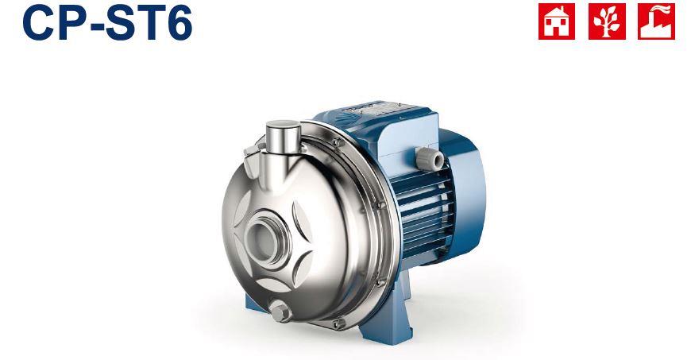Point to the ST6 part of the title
148,24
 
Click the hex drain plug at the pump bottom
280,312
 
